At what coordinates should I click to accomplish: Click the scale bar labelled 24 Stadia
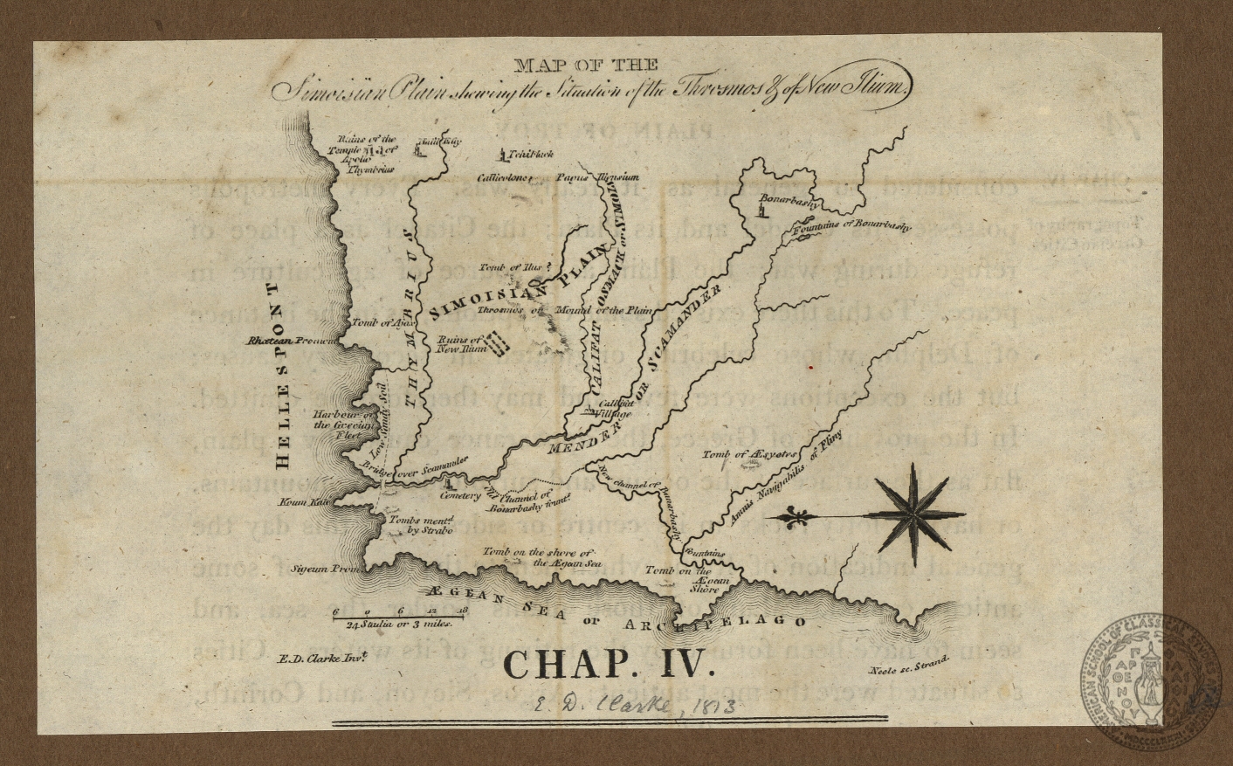tap(401, 617)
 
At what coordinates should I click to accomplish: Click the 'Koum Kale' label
tap(302, 504)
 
